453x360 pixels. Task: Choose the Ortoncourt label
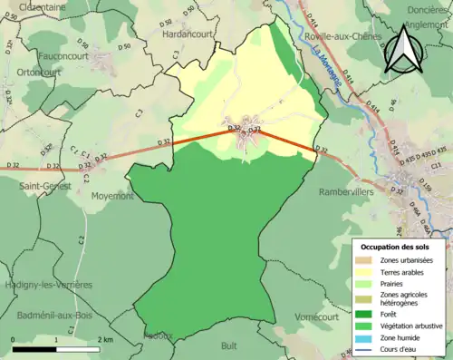[x=37, y=73]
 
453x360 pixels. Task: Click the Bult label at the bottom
[x=229, y=345]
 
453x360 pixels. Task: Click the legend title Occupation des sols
[x=394, y=246]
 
